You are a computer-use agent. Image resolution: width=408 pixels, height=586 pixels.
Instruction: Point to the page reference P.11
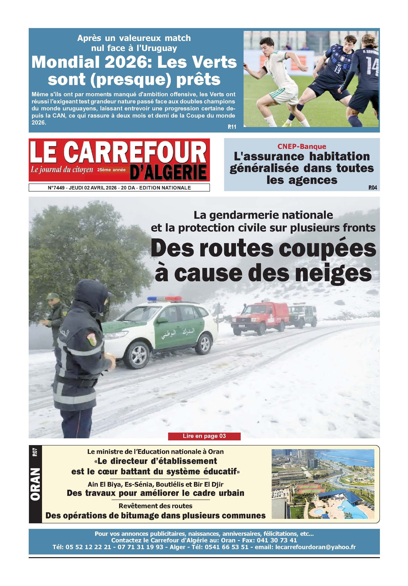232,127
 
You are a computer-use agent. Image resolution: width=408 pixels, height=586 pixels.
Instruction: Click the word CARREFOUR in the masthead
135,152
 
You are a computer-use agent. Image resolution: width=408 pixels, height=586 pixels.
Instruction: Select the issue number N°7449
56,188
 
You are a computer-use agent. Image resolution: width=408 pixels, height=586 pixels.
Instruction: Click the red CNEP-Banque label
302,146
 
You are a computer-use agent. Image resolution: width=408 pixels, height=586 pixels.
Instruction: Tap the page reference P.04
373,188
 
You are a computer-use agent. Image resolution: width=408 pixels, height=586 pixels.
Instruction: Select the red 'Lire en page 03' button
204,436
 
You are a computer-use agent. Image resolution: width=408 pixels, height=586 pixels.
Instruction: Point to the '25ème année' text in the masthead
111,170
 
